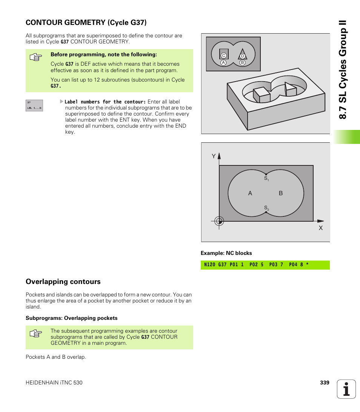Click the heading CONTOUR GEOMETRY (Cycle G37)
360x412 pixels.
(x=86, y=22)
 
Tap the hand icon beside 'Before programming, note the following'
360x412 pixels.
(x=35, y=57)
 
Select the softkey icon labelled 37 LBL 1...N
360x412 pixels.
(x=34, y=105)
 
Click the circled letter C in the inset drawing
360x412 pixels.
(x=223, y=56)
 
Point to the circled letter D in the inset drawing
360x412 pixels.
(x=243, y=56)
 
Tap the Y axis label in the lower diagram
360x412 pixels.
(x=213, y=156)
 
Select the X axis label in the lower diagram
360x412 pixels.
(x=321, y=228)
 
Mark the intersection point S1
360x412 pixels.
(x=266, y=174)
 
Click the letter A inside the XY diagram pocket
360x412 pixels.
(x=250, y=193)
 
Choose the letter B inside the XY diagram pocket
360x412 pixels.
(x=281, y=193)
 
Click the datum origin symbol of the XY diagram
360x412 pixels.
(x=219, y=221)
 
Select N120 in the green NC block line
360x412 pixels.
(x=209, y=265)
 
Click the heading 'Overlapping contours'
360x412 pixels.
(x=63, y=282)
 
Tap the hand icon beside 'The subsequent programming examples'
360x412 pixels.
(x=35, y=334)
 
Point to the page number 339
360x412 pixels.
(x=325, y=383)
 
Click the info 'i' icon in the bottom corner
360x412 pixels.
(x=346, y=389)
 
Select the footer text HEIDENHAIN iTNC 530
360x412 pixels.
(x=54, y=383)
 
